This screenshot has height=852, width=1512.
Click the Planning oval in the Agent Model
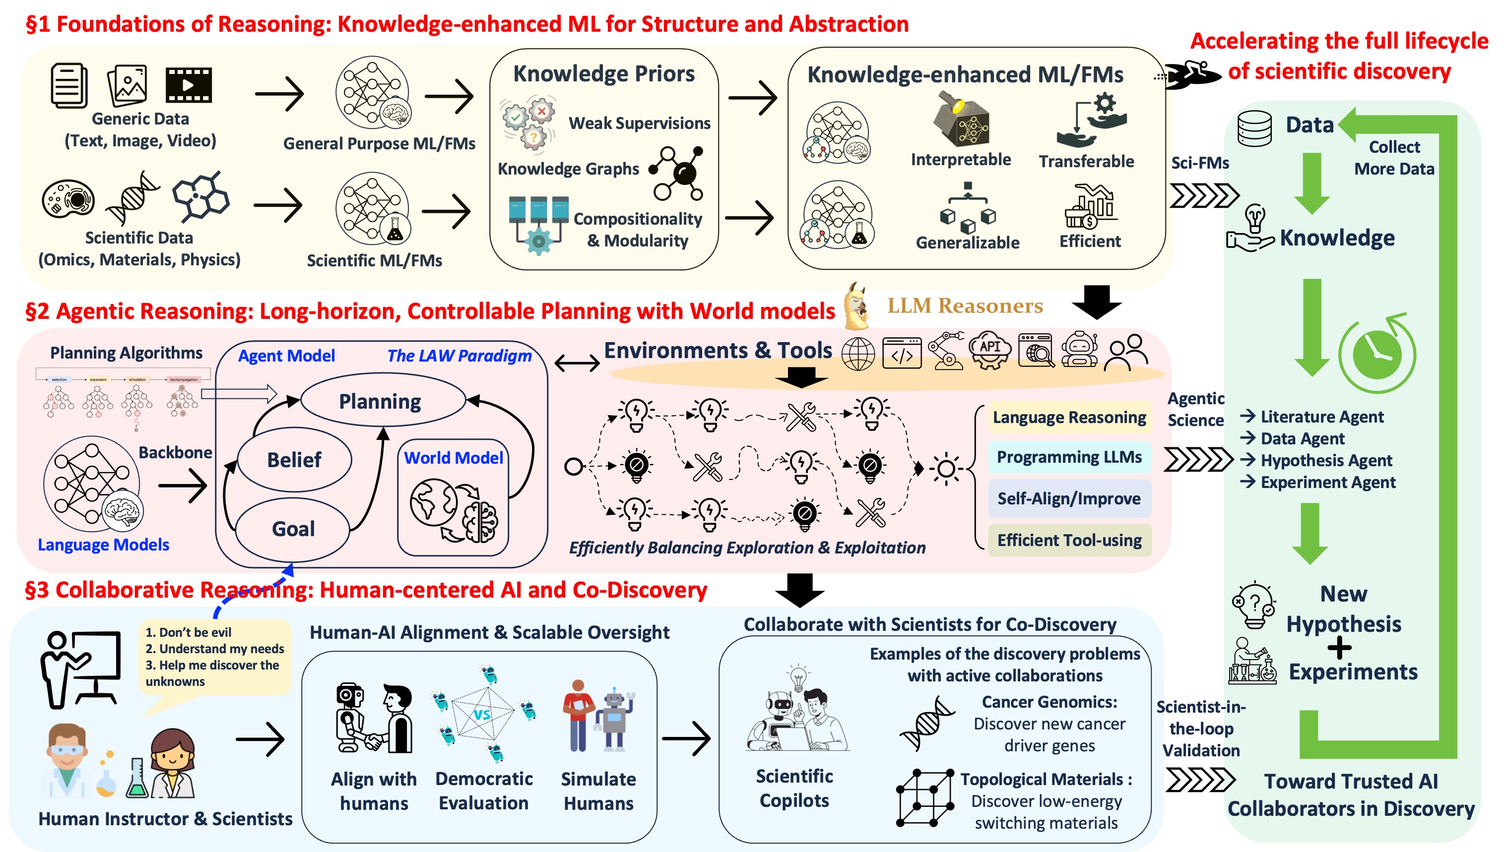[x=380, y=401]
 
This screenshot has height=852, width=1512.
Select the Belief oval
[x=294, y=459]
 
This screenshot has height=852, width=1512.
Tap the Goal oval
[x=293, y=529]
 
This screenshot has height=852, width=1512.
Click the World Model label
[x=453, y=458]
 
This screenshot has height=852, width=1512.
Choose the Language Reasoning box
[x=1068, y=417]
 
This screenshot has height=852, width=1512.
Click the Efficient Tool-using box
[x=1069, y=540]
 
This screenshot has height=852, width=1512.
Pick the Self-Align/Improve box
[x=1069, y=498]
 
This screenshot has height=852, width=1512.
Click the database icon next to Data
[x=1254, y=128]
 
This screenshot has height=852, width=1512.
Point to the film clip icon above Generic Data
[x=188, y=85]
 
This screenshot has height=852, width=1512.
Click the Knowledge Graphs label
[x=568, y=169]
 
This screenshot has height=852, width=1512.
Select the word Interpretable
[x=960, y=160]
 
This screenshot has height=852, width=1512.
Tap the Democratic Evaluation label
[x=484, y=791]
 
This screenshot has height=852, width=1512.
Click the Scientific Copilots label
[x=793, y=788]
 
